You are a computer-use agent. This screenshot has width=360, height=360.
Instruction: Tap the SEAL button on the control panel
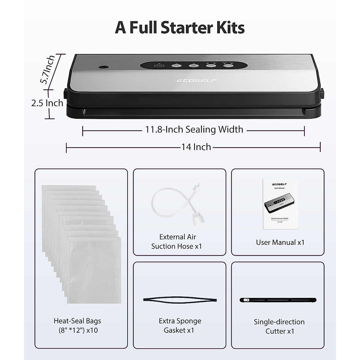(x=175, y=65)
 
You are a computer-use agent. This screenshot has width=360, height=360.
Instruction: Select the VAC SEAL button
(x=192, y=65)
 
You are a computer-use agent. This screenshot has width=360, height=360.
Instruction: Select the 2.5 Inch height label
(x=47, y=103)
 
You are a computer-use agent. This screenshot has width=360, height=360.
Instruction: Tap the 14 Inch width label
(x=196, y=147)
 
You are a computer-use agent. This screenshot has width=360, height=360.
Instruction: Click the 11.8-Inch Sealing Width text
(x=194, y=130)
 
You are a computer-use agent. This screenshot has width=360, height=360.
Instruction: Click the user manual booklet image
(x=277, y=204)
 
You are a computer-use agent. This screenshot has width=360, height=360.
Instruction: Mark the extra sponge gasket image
(x=180, y=300)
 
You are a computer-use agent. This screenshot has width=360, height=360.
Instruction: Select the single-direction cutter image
(x=278, y=300)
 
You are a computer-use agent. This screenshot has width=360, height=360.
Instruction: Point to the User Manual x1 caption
(x=280, y=242)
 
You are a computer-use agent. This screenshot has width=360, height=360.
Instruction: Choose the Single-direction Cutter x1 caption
(x=279, y=326)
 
